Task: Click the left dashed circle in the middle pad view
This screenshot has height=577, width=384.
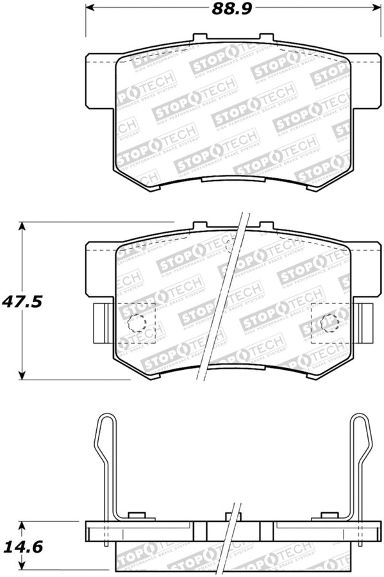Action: [138, 324]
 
